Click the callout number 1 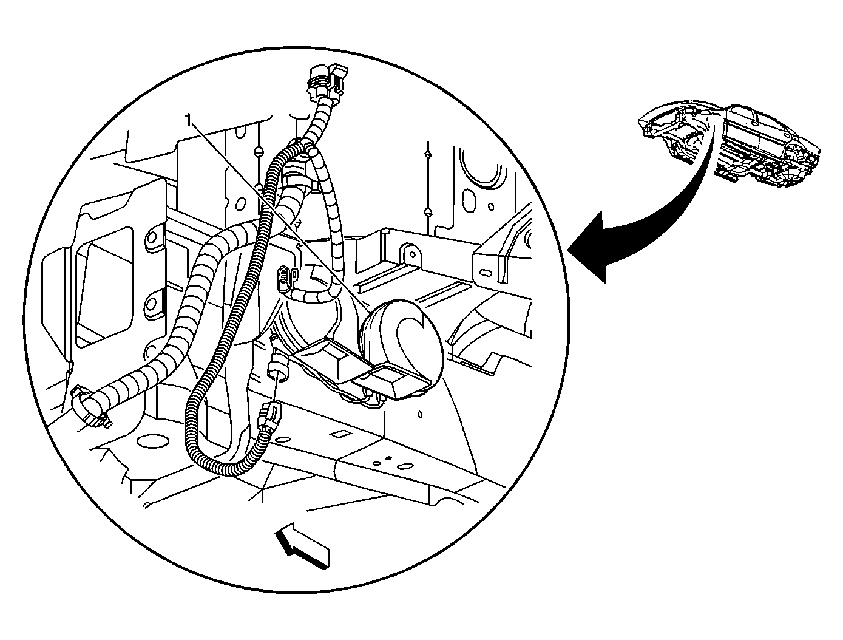coord(188,121)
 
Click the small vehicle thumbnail coord(729,146)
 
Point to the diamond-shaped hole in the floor coord(339,434)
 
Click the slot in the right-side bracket coord(486,273)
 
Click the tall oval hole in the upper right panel coord(469,199)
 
